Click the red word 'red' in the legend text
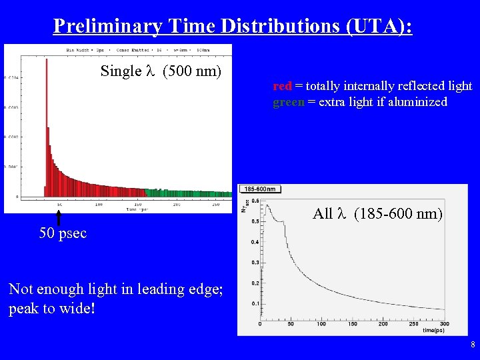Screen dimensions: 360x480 (x=282, y=86)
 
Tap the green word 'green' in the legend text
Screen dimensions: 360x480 (x=288, y=102)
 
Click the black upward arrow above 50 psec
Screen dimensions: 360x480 (x=59, y=217)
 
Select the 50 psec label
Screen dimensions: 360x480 (x=63, y=233)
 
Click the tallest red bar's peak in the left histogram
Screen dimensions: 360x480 (x=47, y=61)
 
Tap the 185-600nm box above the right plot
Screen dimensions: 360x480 (x=260, y=189)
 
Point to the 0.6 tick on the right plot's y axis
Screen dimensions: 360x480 (x=255, y=201)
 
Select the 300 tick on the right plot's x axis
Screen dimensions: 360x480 (x=445, y=324)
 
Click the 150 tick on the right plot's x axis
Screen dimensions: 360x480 (x=352, y=324)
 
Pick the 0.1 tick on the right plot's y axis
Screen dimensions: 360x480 (x=255, y=304)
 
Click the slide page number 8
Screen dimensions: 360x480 (x=472, y=345)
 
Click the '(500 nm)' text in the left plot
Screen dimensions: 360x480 (x=191, y=71)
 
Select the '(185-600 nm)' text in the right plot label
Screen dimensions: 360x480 (x=398, y=214)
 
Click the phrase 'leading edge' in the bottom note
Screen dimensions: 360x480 (x=183, y=289)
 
